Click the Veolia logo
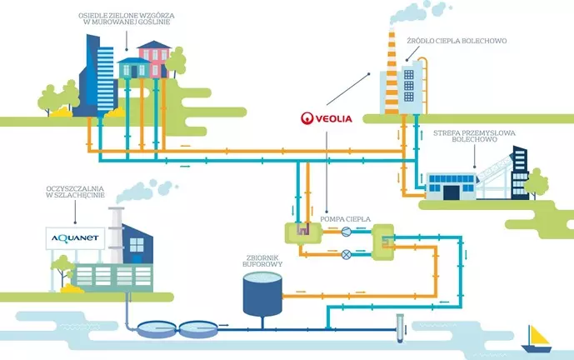[327, 118]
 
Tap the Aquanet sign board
[76, 238]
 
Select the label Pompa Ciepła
[345, 219]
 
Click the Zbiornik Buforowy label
[262, 261]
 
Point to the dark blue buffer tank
[262, 295]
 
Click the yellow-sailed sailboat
[537, 339]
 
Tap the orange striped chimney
[392, 72]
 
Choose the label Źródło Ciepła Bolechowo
[457, 41]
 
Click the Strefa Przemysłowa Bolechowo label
[474, 136]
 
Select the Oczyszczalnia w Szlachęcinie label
[76, 192]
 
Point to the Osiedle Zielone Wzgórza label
[127, 18]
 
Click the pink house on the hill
[155, 59]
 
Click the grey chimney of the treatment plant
[116, 235]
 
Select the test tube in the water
[400, 328]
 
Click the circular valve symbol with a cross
[346, 254]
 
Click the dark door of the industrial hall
[451, 192]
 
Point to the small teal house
[133, 67]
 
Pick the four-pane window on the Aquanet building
[137, 245]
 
